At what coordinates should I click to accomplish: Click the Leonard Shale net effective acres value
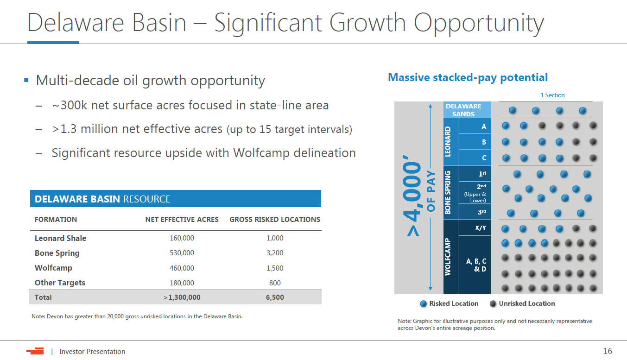tap(182, 238)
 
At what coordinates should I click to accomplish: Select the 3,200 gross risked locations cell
tap(275, 253)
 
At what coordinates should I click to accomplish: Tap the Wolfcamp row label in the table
tap(53, 268)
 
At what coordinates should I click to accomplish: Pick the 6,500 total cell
tap(275, 297)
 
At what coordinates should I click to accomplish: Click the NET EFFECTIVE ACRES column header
tap(182, 220)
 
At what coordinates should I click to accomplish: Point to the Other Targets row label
tap(60, 283)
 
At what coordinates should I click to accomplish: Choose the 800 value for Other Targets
tap(275, 283)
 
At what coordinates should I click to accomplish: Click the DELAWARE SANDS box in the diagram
tap(467, 110)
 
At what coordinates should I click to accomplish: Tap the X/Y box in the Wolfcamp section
tap(475, 228)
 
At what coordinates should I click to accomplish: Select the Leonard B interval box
tap(475, 142)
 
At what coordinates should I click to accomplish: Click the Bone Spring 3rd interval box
tap(475, 212)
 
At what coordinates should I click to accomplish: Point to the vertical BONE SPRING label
tap(448, 193)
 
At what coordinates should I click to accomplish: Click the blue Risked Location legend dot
tap(424, 304)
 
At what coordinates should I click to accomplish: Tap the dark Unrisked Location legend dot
tap(493, 304)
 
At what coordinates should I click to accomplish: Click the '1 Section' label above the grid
tap(552, 95)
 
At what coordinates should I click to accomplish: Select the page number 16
tap(608, 351)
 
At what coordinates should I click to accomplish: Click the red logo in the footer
tap(35, 351)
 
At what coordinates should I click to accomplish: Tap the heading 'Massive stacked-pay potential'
tap(468, 77)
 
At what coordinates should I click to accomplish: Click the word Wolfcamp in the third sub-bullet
tap(261, 153)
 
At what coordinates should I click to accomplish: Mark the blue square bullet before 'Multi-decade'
tap(26, 80)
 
